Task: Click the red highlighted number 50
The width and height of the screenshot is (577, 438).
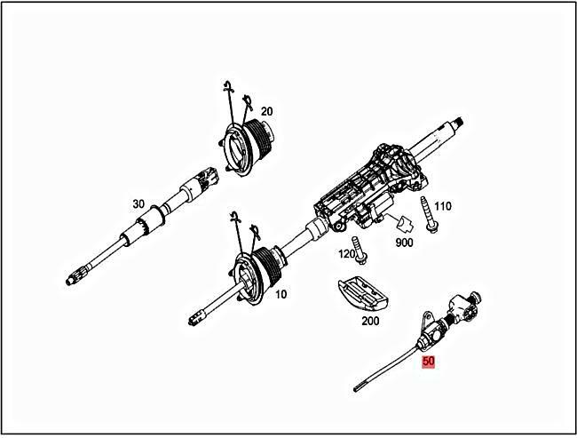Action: (x=429, y=362)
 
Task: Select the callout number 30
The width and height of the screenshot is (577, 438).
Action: (x=138, y=204)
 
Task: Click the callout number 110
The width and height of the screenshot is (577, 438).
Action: (x=443, y=206)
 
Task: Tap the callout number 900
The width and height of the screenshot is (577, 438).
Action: (x=404, y=242)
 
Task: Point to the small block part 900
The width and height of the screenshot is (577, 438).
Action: (x=403, y=222)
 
